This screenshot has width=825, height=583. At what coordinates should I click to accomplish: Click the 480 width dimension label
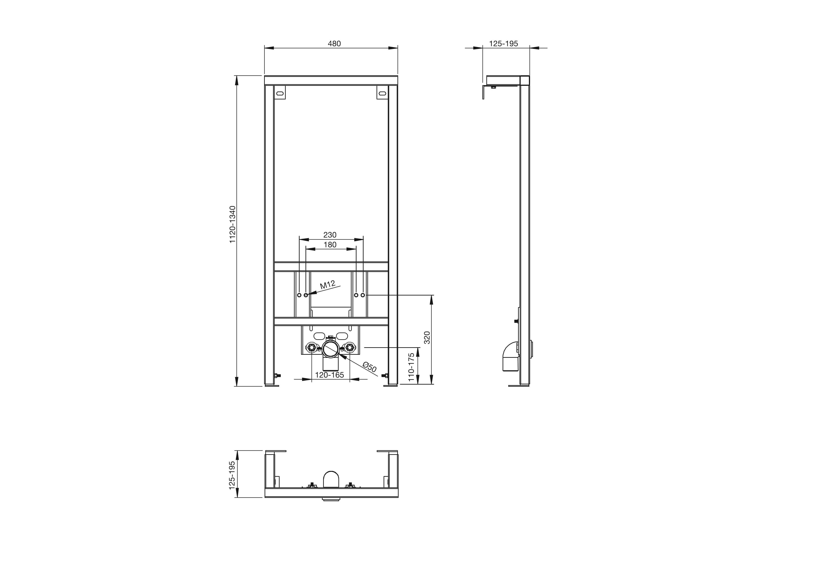click(x=334, y=43)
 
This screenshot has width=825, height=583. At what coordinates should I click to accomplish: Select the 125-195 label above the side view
click(x=504, y=43)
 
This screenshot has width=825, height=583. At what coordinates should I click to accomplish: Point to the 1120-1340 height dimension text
click(x=233, y=225)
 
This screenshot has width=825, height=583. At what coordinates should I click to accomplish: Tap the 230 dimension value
click(x=330, y=235)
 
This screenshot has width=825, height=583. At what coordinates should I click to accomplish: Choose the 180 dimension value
click(x=330, y=245)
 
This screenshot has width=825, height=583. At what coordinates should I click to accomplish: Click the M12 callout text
click(x=328, y=285)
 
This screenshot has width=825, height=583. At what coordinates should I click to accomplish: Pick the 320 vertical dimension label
click(x=427, y=338)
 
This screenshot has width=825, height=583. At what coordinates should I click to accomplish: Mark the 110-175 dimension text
click(x=411, y=367)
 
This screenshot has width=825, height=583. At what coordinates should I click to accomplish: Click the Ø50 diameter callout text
click(x=370, y=367)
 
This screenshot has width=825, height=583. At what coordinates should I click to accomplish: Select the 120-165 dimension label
click(x=329, y=375)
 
